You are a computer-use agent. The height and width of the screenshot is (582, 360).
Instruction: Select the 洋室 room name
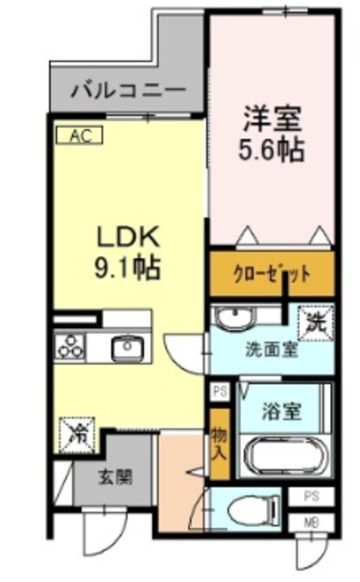(x=272, y=118)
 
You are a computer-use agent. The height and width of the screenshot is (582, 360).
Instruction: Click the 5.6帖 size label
(x=272, y=148)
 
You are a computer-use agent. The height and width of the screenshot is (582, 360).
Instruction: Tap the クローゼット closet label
(x=272, y=273)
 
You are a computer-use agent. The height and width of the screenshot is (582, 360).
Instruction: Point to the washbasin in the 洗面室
(x=231, y=319)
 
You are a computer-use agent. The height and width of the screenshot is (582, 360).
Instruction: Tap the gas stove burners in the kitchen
(x=71, y=346)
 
